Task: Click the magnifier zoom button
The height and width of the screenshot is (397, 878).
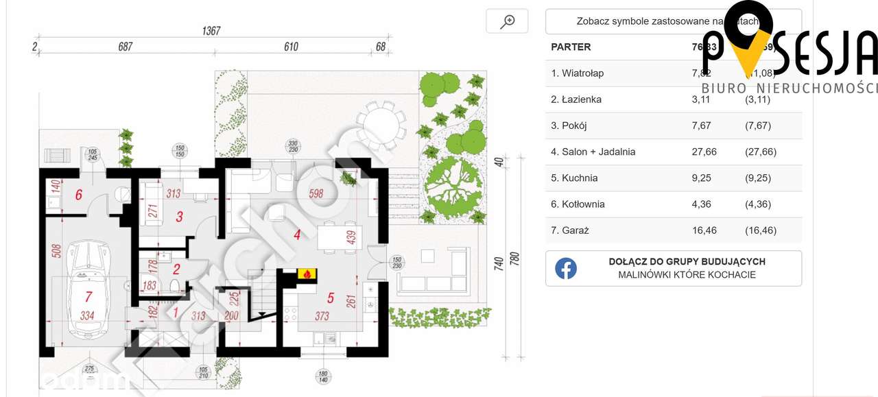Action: [x=507, y=21]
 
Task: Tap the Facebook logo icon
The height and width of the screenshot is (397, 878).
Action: [x=566, y=268]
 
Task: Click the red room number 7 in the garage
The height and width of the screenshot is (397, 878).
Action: [x=88, y=298]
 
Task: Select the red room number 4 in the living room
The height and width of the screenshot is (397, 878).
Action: [x=297, y=235]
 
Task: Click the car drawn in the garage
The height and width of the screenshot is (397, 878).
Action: [x=89, y=288]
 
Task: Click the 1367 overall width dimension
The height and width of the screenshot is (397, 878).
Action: [x=211, y=31]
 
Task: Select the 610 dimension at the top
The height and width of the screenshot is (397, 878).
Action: [x=291, y=47]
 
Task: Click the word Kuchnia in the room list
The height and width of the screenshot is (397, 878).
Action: [x=580, y=178]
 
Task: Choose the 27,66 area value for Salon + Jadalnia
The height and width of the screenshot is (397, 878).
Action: [x=704, y=152]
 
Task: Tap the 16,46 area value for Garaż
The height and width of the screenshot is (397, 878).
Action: [x=704, y=230]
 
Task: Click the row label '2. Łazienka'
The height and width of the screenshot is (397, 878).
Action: [x=576, y=99]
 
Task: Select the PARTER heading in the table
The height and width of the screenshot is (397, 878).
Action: [x=571, y=47]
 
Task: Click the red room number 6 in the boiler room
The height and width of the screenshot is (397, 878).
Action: [x=79, y=195]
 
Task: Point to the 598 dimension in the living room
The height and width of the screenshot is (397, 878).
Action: [x=316, y=193]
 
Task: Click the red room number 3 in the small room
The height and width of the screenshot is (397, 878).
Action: [x=180, y=217]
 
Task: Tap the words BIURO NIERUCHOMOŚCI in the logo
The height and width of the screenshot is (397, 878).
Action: [x=789, y=88]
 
